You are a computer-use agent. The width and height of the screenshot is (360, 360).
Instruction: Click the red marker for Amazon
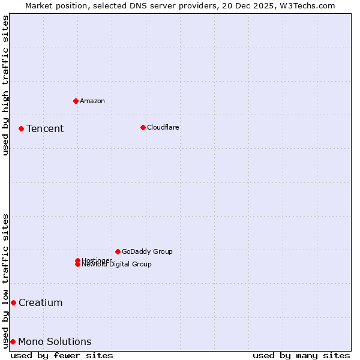[x=76, y=101]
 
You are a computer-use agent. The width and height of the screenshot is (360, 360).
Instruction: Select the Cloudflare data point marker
[x=143, y=127]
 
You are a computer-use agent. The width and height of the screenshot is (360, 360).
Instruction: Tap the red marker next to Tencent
[x=21, y=128]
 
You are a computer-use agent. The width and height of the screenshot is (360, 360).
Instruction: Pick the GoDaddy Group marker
[x=118, y=251]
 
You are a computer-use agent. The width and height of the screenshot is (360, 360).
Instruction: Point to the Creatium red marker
[x=13, y=302]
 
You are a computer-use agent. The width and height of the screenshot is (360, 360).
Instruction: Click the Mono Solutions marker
[x=13, y=341]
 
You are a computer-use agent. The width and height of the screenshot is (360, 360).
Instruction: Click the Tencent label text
[x=45, y=128]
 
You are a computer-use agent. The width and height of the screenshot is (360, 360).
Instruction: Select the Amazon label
[x=92, y=101]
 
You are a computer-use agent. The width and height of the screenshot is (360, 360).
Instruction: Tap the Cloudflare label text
[x=163, y=127]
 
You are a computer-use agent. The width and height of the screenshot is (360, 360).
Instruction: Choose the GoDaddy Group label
[x=147, y=251]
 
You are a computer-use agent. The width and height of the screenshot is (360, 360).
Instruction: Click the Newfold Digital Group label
[x=117, y=265]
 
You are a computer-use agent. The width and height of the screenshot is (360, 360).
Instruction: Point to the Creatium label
[x=41, y=302]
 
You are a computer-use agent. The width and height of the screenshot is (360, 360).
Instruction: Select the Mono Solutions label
[x=55, y=341]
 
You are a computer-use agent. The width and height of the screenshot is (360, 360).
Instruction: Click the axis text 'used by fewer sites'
[x=62, y=355]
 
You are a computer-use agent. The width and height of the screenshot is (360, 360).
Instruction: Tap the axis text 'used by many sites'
[x=301, y=355]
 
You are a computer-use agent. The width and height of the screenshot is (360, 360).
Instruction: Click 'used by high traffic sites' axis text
[x=5, y=85]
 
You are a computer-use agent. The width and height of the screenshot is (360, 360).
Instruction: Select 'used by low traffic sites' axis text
[x=5, y=281]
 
